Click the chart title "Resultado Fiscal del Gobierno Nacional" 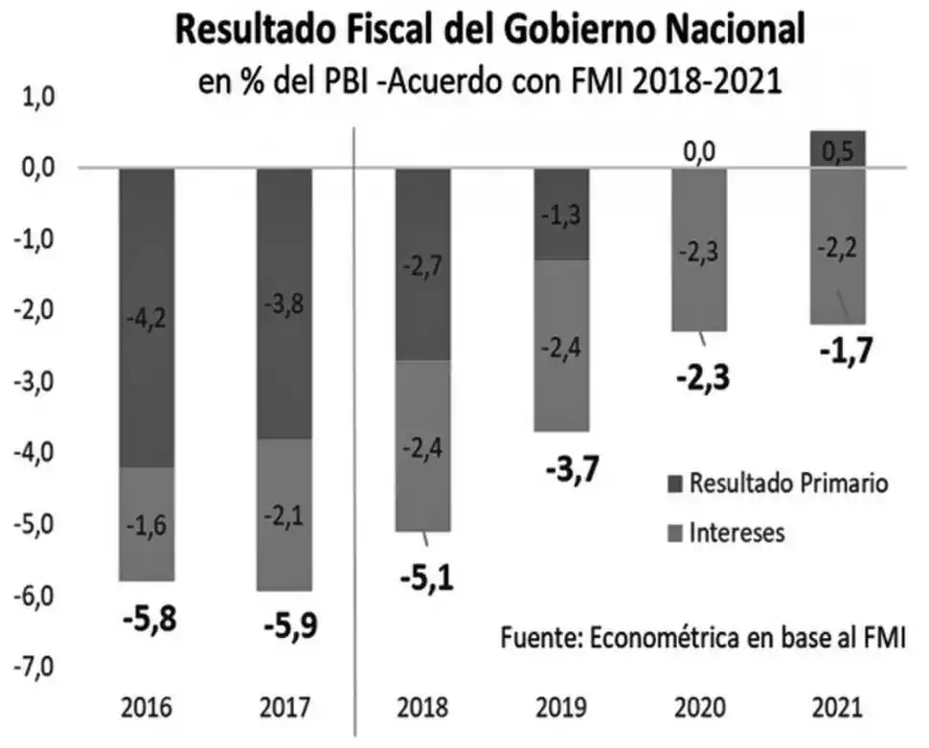tap(488, 31)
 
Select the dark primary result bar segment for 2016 tap(147, 317)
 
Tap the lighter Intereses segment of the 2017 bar tap(284, 514)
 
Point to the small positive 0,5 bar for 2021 tap(838, 148)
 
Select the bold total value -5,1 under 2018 tap(423, 578)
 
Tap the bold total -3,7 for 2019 tap(561, 470)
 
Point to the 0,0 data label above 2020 tap(699, 151)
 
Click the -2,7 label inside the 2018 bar tap(422, 264)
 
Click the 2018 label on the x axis tap(422, 710)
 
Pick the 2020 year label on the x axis tap(699, 710)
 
